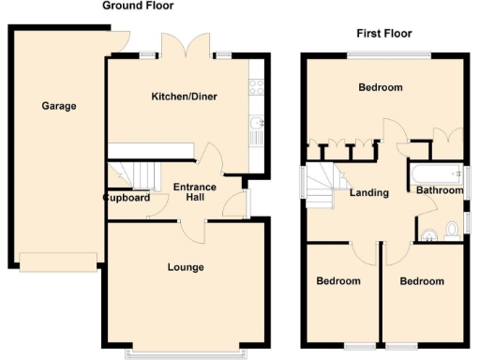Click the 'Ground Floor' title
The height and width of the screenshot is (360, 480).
(x=137, y=7)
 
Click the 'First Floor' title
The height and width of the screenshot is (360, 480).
(x=383, y=34)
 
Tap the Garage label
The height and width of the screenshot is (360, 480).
(x=58, y=106)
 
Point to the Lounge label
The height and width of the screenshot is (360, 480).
(x=186, y=267)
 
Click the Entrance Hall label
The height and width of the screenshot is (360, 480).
(x=194, y=192)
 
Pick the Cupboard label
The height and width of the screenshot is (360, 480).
(x=127, y=198)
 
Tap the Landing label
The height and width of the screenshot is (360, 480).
(x=369, y=193)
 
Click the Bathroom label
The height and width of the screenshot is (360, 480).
(x=440, y=190)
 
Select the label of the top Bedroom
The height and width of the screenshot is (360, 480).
(x=381, y=87)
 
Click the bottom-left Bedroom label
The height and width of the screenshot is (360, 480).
(x=337, y=281)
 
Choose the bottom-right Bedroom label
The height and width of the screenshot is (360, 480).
(x=421, y=281)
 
